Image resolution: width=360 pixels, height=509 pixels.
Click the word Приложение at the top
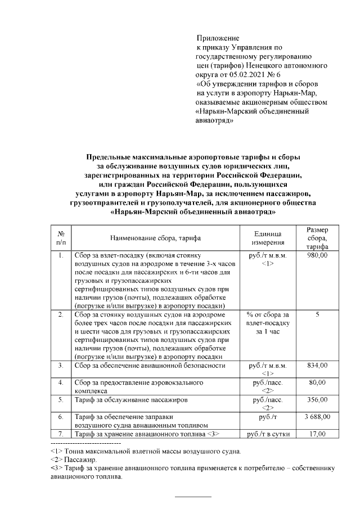point(213,38)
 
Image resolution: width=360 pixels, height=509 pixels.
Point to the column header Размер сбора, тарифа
point(318,238)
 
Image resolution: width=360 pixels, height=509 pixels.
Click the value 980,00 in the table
point(318,255)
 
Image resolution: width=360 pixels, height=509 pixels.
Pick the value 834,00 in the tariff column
point(318,366)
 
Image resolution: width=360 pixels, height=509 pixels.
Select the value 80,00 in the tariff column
point(318,383)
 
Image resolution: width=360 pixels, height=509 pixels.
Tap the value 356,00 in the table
point(318,400)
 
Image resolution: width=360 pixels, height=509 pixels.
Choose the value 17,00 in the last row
point(318,434)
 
